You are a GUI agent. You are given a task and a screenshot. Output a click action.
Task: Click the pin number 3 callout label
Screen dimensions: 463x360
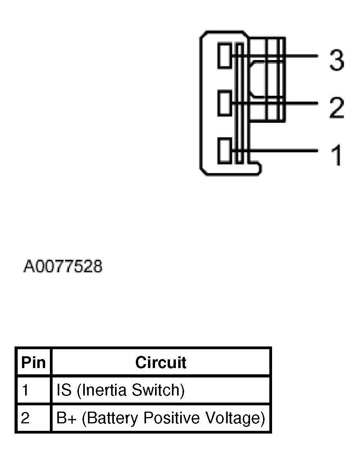(336, 60)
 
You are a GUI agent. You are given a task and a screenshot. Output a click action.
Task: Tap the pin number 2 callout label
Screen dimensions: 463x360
(336, 107)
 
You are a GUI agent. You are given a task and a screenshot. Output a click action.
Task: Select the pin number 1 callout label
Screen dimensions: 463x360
(336, 155)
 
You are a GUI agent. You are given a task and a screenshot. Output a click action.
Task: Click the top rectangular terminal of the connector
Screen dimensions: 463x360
(225, 56)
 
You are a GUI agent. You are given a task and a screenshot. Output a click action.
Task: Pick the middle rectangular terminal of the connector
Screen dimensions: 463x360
(225, 103)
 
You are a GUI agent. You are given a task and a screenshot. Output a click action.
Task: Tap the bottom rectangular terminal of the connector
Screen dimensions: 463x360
(225, 150)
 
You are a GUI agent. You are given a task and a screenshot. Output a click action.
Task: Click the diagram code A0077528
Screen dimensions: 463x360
(63, 266)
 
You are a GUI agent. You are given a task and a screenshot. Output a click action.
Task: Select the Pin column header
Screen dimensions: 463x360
(33, 362)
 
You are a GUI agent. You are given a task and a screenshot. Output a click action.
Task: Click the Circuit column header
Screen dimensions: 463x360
(161, 362)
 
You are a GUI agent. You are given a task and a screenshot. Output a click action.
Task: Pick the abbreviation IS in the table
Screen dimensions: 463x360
(64, 390)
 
